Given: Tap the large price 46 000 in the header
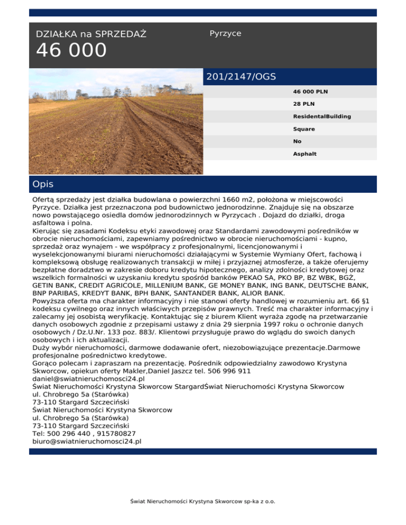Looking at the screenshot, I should tap(71, 51).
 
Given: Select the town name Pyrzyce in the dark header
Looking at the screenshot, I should tap(225, 33).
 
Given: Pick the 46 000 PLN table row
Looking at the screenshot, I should tap(310, 91).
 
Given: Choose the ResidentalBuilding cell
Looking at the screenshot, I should tap(322, 116).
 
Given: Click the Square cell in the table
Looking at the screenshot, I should tap(304, 129).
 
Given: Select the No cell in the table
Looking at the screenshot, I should tap(297, 142).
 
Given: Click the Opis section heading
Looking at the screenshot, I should tap(42, 184).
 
